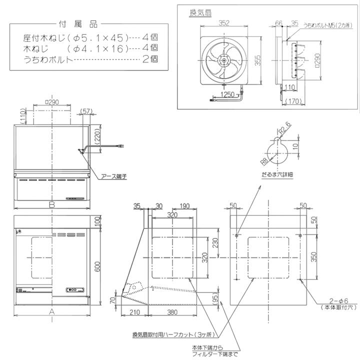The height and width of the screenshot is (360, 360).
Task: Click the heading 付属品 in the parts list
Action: click(x=78, y=23)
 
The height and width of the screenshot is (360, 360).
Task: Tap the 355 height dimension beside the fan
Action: click(x=257, y=60)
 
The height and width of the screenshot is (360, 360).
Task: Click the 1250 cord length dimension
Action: click(x=228, y=94)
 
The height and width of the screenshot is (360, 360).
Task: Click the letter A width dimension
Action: click(x=51, y=311)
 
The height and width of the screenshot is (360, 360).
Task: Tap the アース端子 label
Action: click(x=113, y=176)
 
